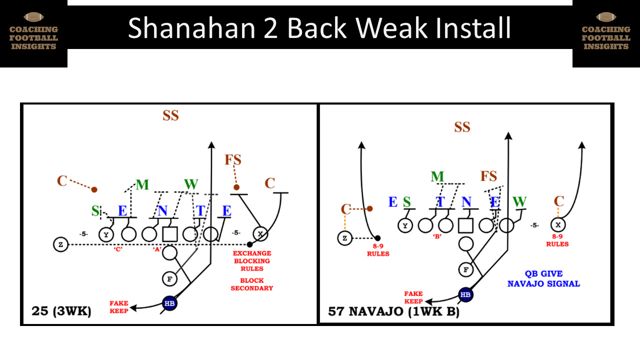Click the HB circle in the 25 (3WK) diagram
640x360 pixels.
[x=170, y=303]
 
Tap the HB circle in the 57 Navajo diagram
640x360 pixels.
[x=465, y=294]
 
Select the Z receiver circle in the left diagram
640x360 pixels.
[x=60, y=244]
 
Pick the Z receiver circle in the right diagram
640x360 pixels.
[x=344, y=238]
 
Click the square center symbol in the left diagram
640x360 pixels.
[x=170, y=233]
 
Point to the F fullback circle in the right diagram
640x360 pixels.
[x=465, y=269]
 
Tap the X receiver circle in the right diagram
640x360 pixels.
[x=557, y=225]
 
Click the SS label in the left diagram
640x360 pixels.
[x=170, y=115]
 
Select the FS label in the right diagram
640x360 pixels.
[x=488, y=176]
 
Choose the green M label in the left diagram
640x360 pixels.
[x=142, y=185]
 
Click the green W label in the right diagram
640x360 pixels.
[x=520, y=202]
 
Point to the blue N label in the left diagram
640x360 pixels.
[x=162, y=210]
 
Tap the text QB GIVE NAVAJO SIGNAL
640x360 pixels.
[x=543, y=278]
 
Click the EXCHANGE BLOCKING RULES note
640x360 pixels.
[x=251, y=260]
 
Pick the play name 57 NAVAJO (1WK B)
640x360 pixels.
[x=393, y=311]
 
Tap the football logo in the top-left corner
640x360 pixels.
[x=33, y=18]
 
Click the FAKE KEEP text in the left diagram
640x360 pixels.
[x=119, y=306]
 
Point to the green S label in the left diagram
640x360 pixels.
[x=95, y=211]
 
